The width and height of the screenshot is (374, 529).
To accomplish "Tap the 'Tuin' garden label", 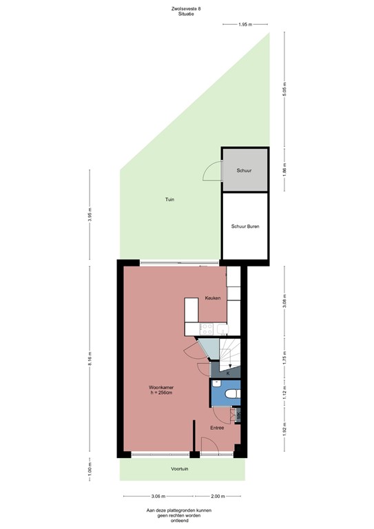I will pos(169,200).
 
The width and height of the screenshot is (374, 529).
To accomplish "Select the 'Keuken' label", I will pos(213,298).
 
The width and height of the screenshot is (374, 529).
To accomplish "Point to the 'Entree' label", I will pos(217,428).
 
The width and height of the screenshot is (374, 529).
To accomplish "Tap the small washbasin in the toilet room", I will pos(216,383).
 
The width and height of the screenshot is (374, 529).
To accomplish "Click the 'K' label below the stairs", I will pos(227,373).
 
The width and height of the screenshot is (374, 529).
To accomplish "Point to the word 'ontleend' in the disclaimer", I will pos(178,521).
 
